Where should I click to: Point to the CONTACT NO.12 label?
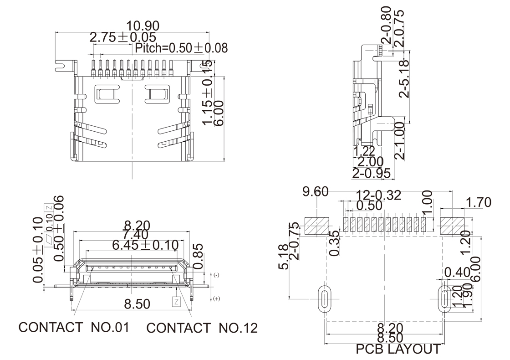tap(202, 328)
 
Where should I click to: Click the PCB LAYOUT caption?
tap(398, 349)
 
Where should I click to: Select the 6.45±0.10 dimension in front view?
tap(145, 245)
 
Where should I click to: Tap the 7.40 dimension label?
tap(132, 234)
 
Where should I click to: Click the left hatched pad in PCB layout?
tap(316, 226)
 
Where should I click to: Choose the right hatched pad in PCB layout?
tap(452, 226)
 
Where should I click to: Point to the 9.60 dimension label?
tap(316, 192)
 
